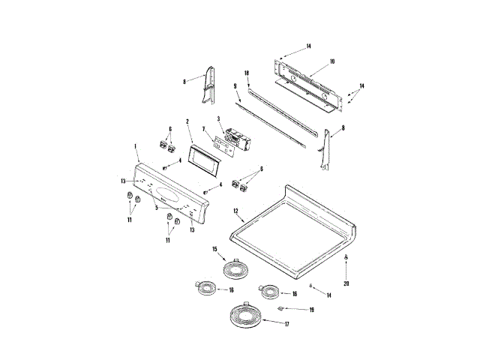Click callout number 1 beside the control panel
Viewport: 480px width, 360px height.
(135, 146)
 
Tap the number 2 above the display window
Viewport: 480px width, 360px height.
(188, 121)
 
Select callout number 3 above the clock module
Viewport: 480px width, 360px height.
(218, 119)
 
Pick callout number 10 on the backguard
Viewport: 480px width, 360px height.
(332, 61)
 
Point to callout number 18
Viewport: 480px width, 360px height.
(246, 73)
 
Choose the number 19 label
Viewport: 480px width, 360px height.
(312, 308)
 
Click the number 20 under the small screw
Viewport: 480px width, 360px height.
(346, 283)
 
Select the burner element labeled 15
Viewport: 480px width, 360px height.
(235, 268)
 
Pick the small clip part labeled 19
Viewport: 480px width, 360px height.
(282, 307)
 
